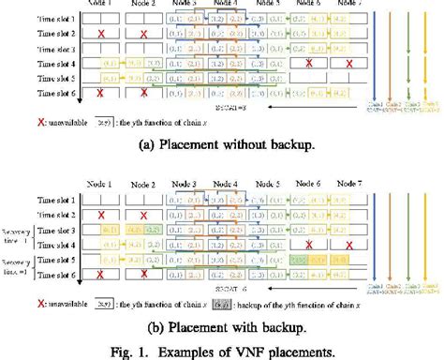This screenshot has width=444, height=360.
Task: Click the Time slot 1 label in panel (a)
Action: (x=31, y=18)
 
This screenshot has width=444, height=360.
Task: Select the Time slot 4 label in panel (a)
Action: (x=31, y=64)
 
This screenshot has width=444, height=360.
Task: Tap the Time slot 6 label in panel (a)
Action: (x=31, y=93)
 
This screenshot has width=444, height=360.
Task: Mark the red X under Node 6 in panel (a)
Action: (x=307, y=64)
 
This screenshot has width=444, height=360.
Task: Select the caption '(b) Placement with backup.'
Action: (x=221, y=328)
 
